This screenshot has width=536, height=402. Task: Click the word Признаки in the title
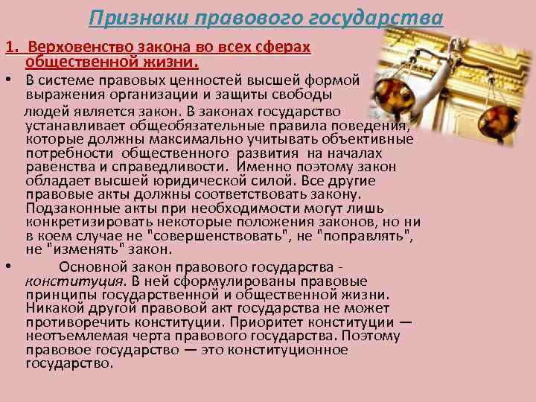pyautogui.click(x=127, y=16)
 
